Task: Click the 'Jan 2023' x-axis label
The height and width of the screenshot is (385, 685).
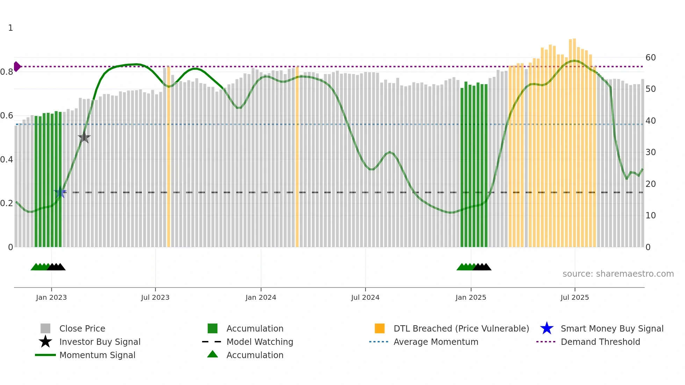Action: (51, 297)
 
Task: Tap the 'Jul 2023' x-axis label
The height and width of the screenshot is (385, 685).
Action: (155, 297)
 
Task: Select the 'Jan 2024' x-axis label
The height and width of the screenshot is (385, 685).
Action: (261, 297)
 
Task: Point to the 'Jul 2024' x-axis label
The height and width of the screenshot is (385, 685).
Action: (365, 297)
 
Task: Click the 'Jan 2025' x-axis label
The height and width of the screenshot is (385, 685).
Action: (471, 297)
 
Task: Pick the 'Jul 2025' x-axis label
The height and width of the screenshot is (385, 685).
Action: (575, 297)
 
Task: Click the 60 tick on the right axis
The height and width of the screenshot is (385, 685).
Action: (650, 58)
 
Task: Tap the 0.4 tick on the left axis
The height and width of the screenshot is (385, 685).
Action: (7, 160)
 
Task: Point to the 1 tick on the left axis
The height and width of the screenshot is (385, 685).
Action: (10, 28)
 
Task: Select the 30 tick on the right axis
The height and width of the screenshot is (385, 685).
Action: (650, 152)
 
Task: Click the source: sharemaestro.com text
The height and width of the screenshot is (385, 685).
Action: (618, 274)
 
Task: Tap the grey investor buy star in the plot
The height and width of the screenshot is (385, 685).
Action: (84, 137)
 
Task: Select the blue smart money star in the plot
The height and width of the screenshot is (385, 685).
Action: (60, 192)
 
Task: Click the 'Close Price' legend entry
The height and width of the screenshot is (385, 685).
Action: (82, 328)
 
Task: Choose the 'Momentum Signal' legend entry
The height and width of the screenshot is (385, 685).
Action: (97, 355)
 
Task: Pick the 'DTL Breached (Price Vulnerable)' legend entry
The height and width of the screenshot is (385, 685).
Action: (461, 328)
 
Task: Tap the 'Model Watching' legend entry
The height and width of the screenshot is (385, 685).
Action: (260, 342)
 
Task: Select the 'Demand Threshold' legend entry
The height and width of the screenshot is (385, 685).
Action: (600, 342)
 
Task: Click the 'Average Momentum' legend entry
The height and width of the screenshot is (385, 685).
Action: (436, 342)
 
